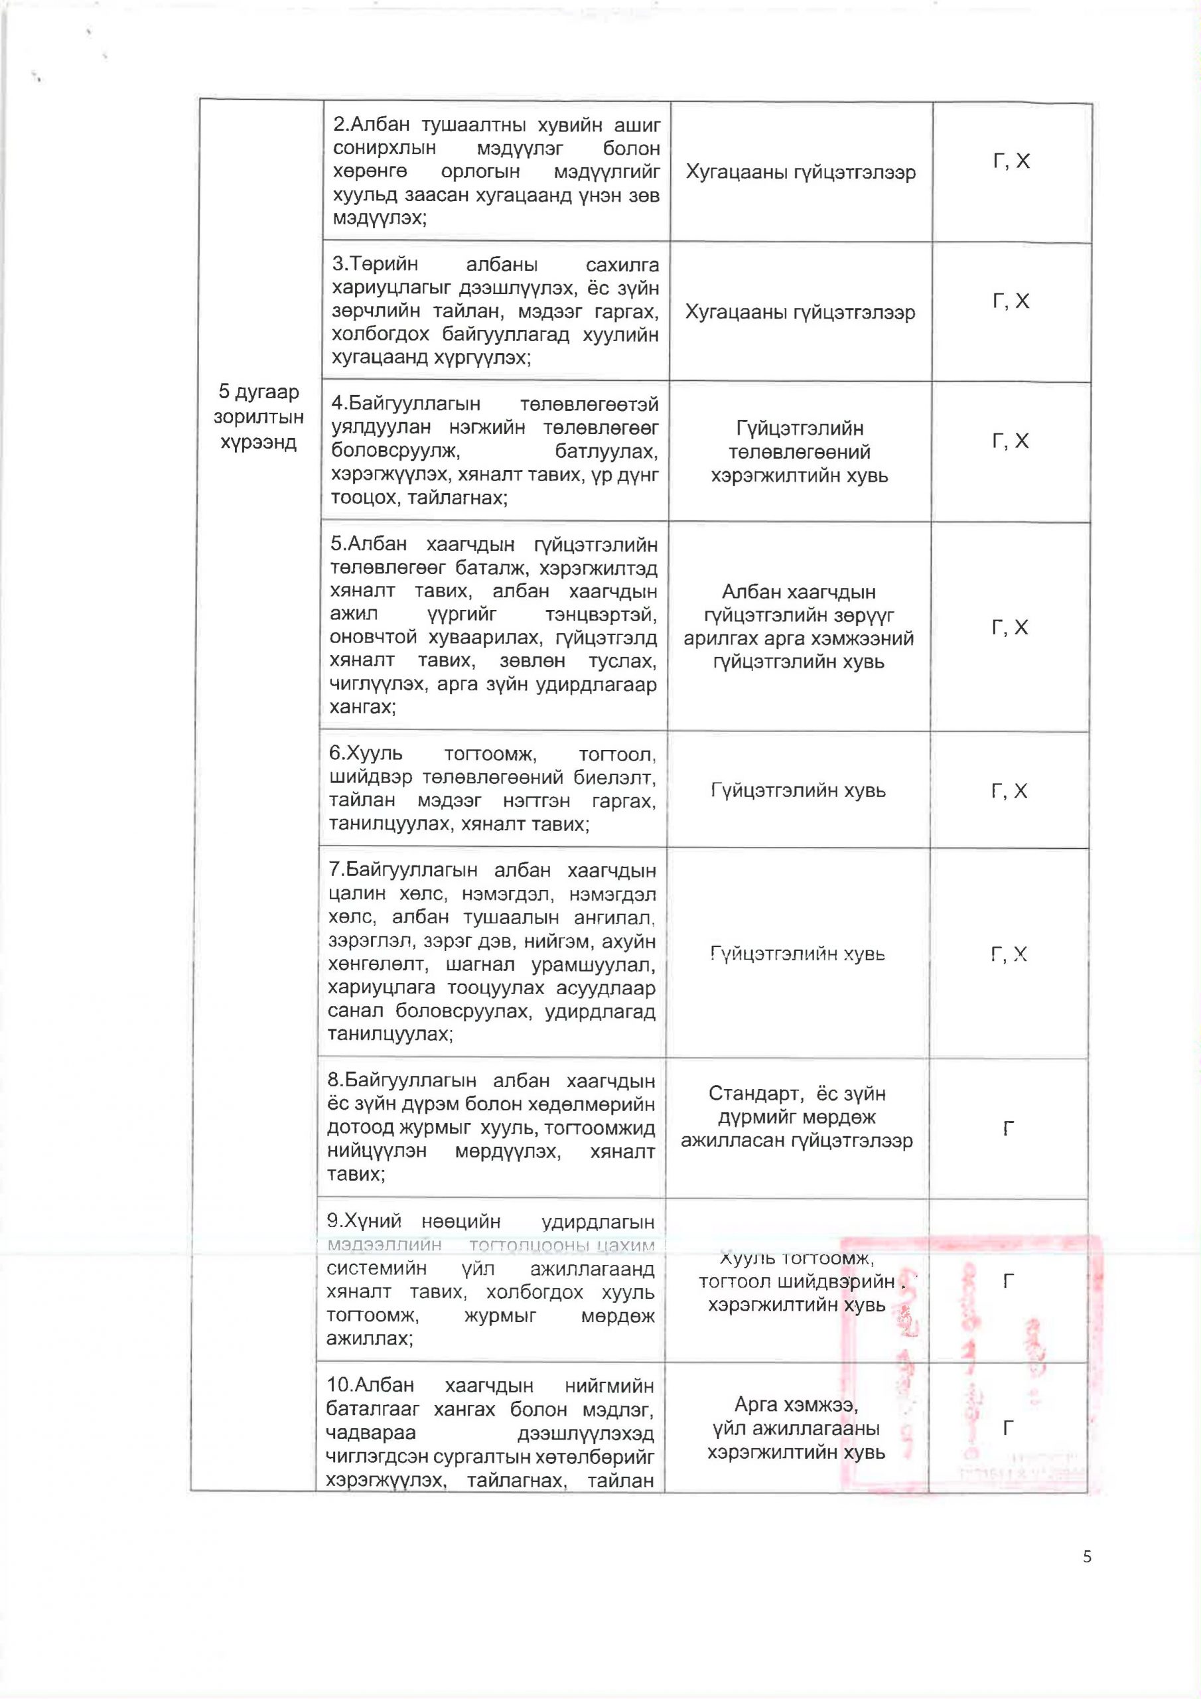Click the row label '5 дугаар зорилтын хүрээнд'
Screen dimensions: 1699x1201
(258, 417)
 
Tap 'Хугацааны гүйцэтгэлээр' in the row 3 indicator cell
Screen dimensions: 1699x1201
(800, 313)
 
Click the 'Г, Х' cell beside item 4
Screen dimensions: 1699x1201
(1010, 441)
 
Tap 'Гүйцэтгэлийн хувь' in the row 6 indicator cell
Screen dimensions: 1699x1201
(798, 790)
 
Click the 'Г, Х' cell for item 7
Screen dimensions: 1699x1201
(1009, 954)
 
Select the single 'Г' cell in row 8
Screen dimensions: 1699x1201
(1008, 1129)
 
